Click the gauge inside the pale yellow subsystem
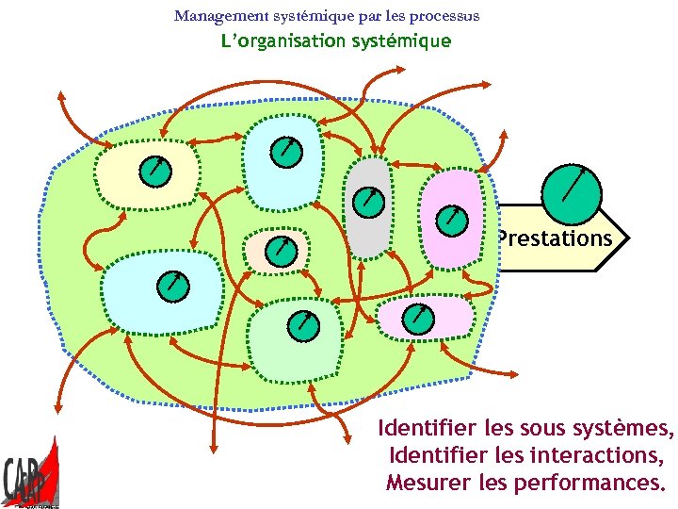click(154, 171)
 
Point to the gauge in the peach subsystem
click(280, 251)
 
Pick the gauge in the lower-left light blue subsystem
click(172, 286)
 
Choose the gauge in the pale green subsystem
click(303, 323)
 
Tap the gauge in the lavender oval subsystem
click(416, 318)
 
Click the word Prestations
click(556, 238)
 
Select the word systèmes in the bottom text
click(623, 429)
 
